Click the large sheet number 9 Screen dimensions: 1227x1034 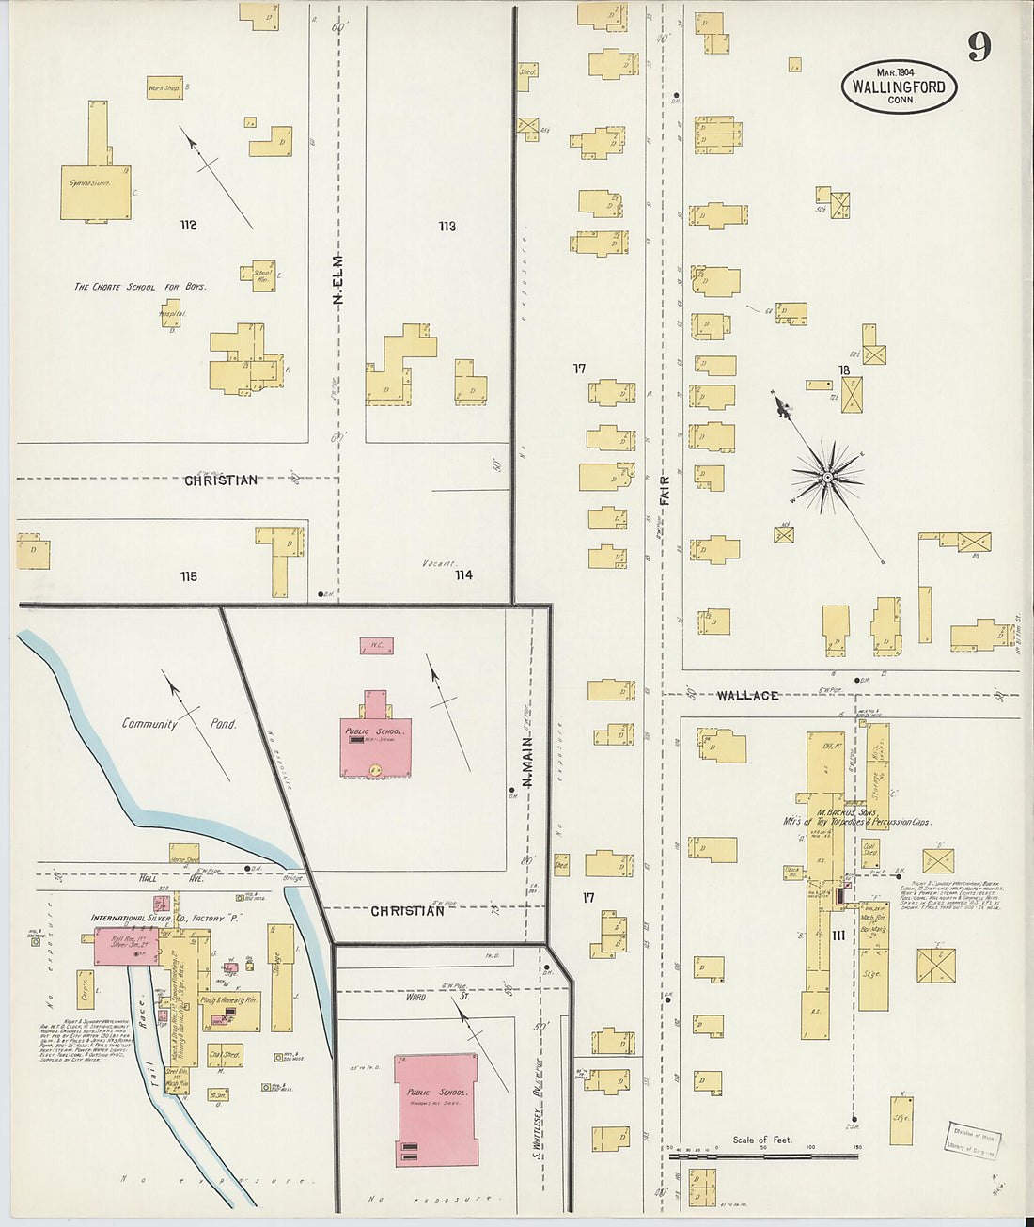[x=979, y=45]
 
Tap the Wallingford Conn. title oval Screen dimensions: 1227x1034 [x=900, y=86]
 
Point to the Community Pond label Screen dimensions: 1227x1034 [x=179, y=724]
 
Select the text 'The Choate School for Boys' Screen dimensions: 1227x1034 [x=140, y=286]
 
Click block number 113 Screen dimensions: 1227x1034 [x=446, y=226]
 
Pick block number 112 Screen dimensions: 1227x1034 [x=188, y=225]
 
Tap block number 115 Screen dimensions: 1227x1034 [x=189, y=576]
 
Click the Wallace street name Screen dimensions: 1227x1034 [x=747, y=695]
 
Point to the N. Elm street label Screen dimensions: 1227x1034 [x=338, y=279]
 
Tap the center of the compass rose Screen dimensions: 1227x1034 [x=827, y=478]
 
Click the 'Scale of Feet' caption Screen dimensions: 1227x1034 [x=762, y=1140]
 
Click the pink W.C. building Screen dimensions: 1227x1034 [x=376, y=646]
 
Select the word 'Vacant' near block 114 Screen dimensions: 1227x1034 [x=439, y=563]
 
